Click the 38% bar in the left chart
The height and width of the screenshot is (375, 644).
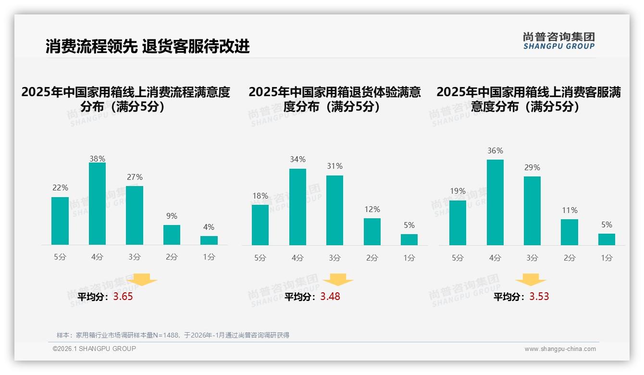pyautogui.click(x=97, y=204)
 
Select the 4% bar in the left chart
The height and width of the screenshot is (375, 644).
pyautogui.click(x=209, y=240)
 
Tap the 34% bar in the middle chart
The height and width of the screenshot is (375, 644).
pyautogui.click(x=297, y=207)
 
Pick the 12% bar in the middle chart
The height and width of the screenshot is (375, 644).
pyautogui.click(x=372, y=232)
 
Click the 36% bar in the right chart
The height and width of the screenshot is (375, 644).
pyautogui.click(x=495, y=202)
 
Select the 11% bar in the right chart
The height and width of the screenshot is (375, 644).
pyautogui.click(x=570, y=232)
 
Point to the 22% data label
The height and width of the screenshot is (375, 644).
pyautogui.click(x=60, y=188)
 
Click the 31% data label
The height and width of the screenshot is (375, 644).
pyautogui.click(x=334, y=166)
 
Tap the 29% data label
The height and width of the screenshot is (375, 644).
pyautogui.click(x=532, y=168)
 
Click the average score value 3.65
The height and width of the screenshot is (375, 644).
pyautogui.click(x=123, y=297)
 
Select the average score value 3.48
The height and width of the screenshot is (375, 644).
pyautogui.click(x=330, y=297)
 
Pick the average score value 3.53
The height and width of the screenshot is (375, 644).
pyautogui.click(x=539, y=297)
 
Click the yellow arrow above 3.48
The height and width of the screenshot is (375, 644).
pyautogui.click(x=338, y=280)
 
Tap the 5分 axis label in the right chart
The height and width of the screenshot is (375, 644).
pyautogui.click(x=458, y=258)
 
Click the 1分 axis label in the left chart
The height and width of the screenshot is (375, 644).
pyautogui.click(x=209, y=257)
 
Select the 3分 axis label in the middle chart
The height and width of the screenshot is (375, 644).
pyautogui.click(x=334, y=258)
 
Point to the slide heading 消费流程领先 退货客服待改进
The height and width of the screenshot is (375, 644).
pyautogui.click(x=148, y=47)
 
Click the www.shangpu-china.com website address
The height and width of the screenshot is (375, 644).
pyautogui.click(x=560, y=349)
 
